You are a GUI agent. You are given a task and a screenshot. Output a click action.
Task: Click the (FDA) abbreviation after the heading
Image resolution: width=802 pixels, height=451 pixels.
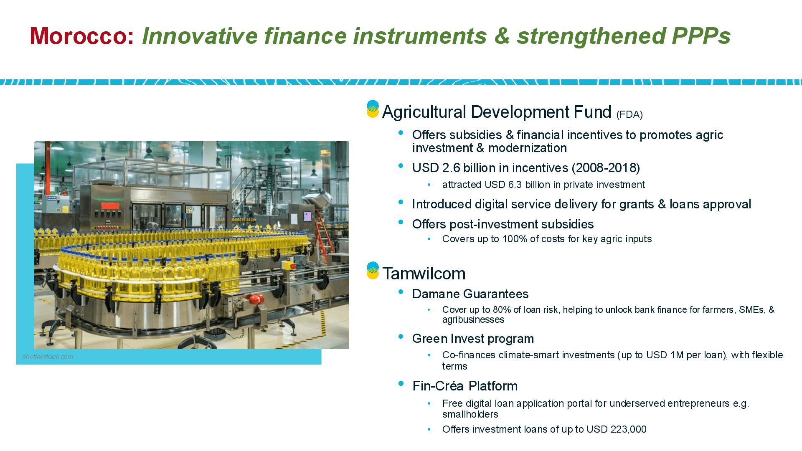[x=629, y=114]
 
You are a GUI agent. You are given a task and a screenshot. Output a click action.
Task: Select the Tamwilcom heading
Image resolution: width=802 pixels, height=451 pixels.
[x=424, y=274]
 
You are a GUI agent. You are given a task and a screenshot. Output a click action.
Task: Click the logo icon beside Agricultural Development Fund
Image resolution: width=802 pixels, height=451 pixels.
[x=373, y=109]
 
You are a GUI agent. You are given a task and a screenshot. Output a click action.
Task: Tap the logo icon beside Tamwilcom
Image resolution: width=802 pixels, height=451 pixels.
[x=373, y=271]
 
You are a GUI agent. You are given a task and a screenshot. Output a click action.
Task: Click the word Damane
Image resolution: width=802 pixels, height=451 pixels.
[x=433, y=294]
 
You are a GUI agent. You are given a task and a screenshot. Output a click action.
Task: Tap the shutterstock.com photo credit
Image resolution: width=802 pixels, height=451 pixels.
[x=48, y=357]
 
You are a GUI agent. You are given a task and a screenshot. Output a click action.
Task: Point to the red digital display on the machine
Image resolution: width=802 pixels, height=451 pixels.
[x=110, y=206]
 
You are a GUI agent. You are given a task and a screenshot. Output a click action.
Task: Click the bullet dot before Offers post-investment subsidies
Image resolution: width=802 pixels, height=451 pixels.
[x=401, y=222]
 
